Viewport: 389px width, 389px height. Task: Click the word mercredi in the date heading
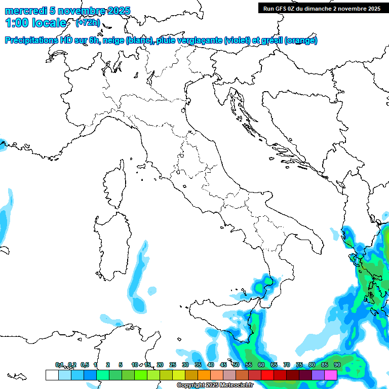pos(26,11)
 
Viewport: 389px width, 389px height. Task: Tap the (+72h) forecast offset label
pos(87,23)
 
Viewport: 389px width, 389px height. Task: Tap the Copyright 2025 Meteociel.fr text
pos(215,385)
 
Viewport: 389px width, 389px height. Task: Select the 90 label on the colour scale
pos(337,365)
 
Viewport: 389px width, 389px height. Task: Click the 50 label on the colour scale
pos(236,365)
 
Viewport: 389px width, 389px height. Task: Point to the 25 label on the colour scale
pos(173,365)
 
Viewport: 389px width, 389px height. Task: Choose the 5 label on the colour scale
pos(121,365)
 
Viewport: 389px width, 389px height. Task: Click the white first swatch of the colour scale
pos(52,375)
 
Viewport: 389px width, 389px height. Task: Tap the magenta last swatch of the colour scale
pos(331,375)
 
